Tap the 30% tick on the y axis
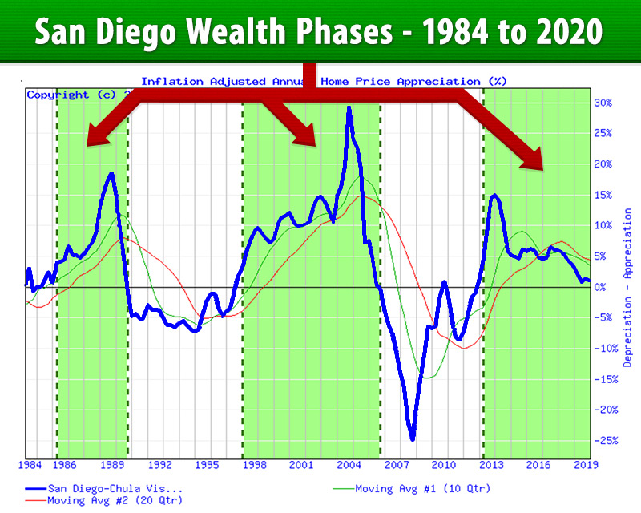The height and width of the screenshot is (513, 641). pyautogui.click(x=603, y=103)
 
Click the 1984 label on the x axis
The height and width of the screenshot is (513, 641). pyautogui.click(x=30, y=465)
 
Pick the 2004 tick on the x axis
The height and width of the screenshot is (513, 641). pyautogui.click(x=349, y=465)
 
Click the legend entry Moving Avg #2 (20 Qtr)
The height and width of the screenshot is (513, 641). pyautogui.click(x=115, y=500)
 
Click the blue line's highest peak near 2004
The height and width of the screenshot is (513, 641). pyautogui.click(x=349, y=107)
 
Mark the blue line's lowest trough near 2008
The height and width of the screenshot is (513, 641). pyautogui.click(x=412, y=438)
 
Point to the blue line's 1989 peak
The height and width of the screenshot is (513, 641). pyautogui.click(x=111, y=173)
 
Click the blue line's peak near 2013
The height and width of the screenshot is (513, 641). pyautogui.click(x=494, y=196)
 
